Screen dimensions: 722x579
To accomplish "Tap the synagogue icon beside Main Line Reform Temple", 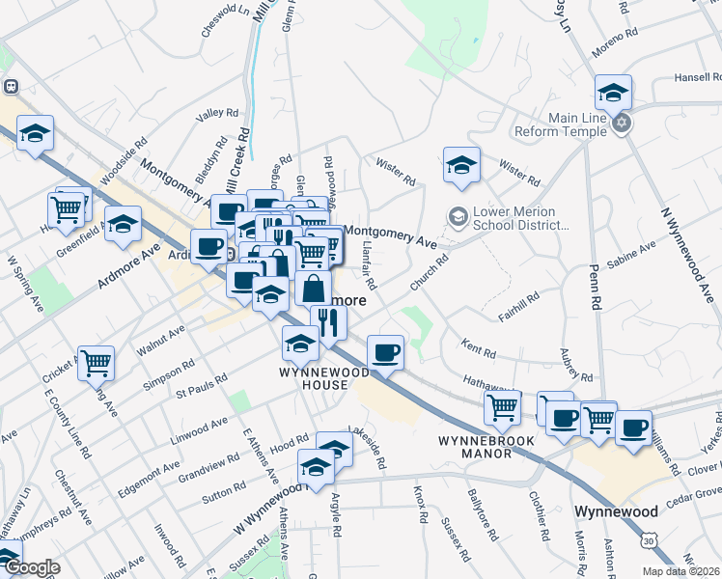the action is pos(623,123).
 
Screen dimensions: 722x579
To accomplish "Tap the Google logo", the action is pos(32,568).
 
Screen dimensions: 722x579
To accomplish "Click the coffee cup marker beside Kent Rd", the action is pos(386,351).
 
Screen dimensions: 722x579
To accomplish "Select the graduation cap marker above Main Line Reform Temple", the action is pos(613,93).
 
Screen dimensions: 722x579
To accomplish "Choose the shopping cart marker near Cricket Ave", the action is pos(96,364).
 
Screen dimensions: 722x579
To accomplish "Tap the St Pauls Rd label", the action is pos(200,384).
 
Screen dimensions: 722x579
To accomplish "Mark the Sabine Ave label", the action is pos(632,254).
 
